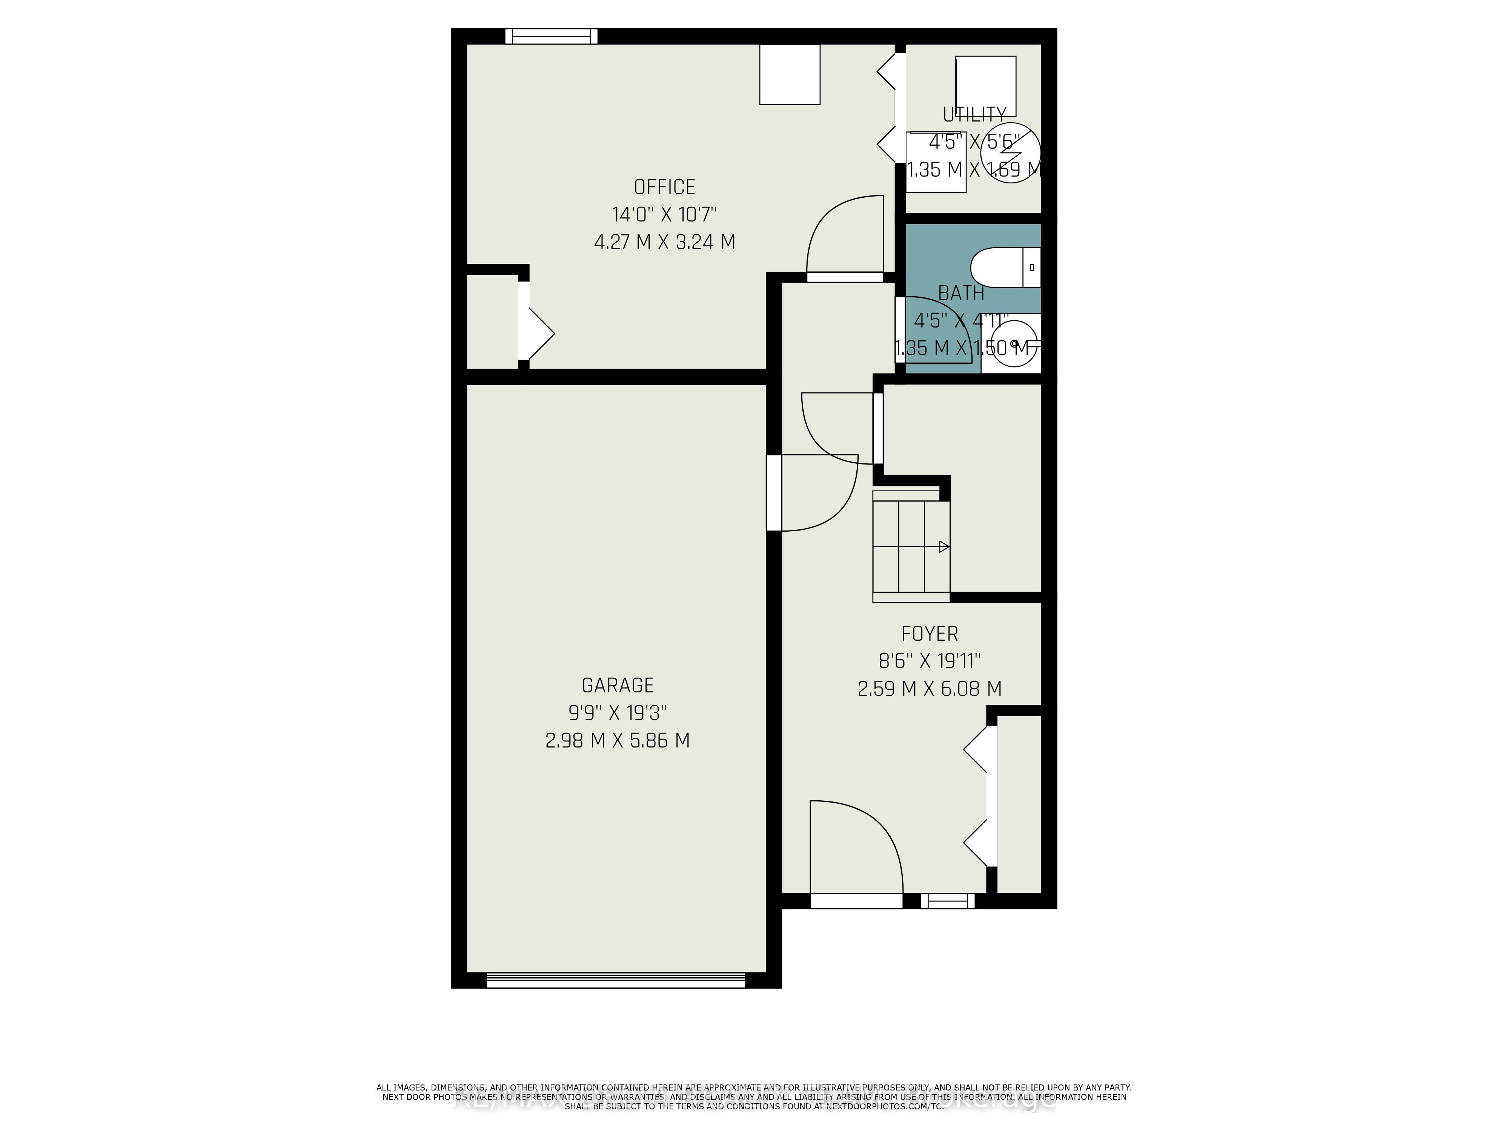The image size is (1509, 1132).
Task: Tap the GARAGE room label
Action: pos(618,685)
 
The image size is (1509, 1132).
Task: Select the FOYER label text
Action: pos(929,634)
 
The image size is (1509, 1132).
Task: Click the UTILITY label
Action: pos(974,114)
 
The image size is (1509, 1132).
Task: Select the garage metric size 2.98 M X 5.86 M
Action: pos(618,740)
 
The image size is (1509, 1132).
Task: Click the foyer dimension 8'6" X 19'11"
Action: pos(929,661)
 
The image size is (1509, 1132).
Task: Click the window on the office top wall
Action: pos(551,36)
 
